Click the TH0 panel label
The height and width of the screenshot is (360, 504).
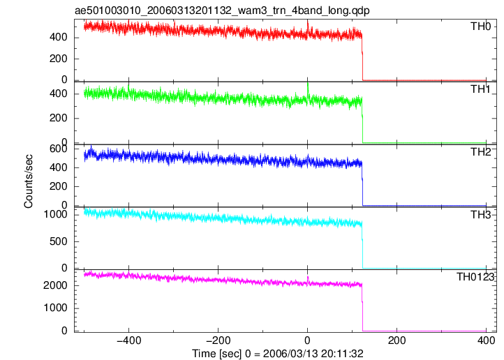[480, 27]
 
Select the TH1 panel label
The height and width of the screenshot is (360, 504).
[480, 89]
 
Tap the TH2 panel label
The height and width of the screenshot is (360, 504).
[480, 152]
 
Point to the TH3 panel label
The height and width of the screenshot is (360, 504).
[480, 214]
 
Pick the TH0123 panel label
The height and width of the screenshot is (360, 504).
[475, 277]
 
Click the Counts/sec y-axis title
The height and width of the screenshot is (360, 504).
[29, 181]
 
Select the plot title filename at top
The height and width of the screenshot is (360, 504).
[222, 10]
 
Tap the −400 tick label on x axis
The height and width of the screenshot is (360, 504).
[129, 340]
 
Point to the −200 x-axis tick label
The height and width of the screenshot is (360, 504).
[218, 340]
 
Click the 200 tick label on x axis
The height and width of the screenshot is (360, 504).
[396, 340]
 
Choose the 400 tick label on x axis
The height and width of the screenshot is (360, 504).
[486, 340]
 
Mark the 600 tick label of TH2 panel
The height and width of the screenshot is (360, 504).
[58, 149]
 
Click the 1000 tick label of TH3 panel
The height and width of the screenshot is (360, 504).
[55, 214]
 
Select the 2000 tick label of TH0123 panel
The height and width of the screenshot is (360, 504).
[55, 285]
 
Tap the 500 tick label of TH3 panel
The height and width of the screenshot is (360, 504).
[58, 241]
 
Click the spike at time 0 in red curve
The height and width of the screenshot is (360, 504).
[308, 27]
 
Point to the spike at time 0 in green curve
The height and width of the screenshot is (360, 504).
[308, 89]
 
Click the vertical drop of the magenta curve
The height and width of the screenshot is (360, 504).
[362, 308]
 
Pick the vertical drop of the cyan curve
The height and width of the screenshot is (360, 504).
[362, 246]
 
